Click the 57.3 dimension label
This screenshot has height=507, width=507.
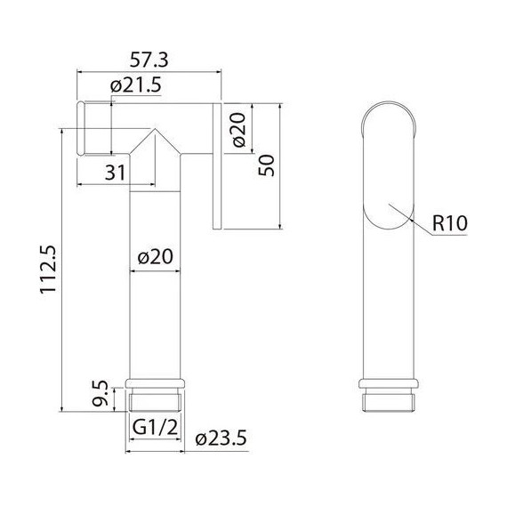149,60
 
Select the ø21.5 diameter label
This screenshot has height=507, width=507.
135,85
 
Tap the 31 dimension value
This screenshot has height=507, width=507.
115,173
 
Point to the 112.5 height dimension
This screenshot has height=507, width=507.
48,269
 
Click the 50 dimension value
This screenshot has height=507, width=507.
266,165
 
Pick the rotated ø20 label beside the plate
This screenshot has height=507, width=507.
239,130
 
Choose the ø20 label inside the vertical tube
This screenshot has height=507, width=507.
155,257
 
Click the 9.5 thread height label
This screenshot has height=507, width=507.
100,393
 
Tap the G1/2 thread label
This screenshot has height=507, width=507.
155,427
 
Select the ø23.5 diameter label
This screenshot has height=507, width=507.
221,439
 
